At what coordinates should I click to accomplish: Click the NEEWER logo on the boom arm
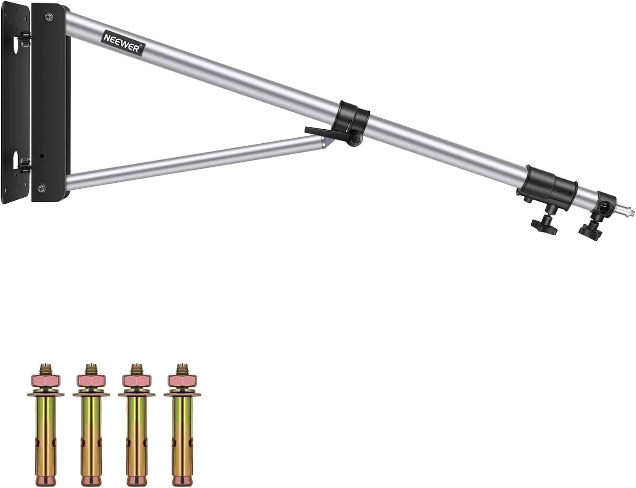[123, 43]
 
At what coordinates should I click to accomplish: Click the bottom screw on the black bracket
[41, 187]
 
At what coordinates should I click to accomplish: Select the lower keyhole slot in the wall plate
[15, 160]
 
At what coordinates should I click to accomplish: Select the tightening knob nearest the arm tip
[589, 234]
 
